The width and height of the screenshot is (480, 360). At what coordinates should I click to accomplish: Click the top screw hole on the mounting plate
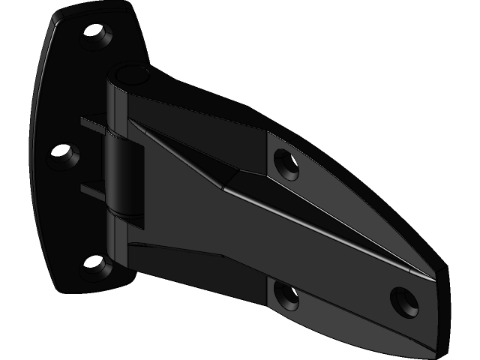pos(94,33)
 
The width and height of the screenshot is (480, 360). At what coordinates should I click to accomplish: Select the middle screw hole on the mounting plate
pos(66,155)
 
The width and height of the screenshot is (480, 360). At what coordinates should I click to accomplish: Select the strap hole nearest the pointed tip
pos(403,300)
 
